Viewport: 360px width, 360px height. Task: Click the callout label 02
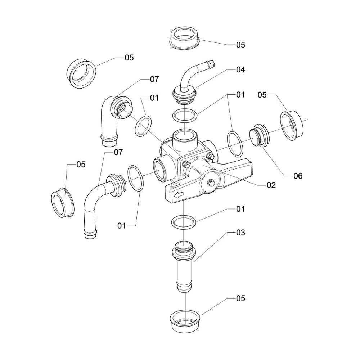point(271,185)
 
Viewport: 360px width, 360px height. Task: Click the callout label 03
point(240,233)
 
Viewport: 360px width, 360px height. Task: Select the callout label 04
point(240,70)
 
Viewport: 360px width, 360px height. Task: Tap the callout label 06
point(298,176)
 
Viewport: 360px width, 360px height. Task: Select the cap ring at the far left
point(63,202)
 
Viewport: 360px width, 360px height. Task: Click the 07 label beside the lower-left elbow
point(119,152)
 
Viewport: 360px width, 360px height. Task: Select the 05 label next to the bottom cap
point(240,298)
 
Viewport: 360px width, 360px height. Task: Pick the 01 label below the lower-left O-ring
point(122,226)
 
